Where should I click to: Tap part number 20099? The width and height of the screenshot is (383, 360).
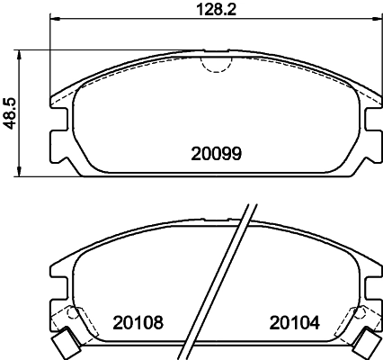click(216, 154)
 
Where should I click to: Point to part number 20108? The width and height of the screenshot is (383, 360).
click(138, 321)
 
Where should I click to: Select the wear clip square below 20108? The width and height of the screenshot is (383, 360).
click(64, 343)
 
